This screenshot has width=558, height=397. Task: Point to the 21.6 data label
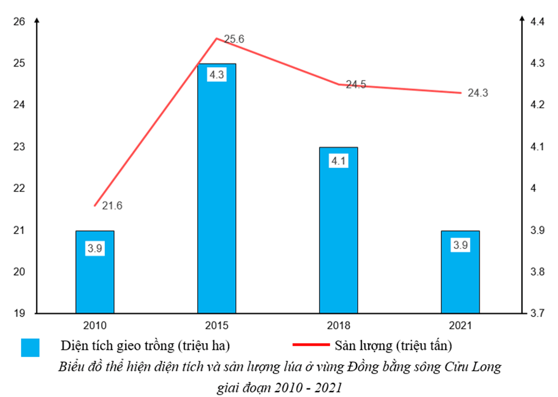pyautogui.click(x=112, y=205)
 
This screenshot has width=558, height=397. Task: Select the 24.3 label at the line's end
pyautogui.click(x=479, y=93)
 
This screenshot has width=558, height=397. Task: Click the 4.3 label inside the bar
pyautogui.click(x=216, y=75)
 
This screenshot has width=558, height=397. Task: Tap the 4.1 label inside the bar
pyautogui.click(x=338, y=160)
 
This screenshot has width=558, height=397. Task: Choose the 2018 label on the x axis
pyautogui.click(x=338, y=326)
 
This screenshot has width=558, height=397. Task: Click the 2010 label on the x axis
pyautogui.click(x=95, y=326)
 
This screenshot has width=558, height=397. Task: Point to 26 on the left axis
pyautogui.click(x=19, y=21)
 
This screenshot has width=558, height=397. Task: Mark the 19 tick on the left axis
pyautogui.click(x=19, y=313)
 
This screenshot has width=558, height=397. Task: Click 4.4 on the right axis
pyautogui.click(x=538, y=21)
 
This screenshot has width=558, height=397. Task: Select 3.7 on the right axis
pyautogui.click(x=538, y=313)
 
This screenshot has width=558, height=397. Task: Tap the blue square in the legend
pyautogui.click(x=30, y=347)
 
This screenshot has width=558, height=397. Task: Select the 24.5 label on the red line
pyautogui.click(x=356, y=85)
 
